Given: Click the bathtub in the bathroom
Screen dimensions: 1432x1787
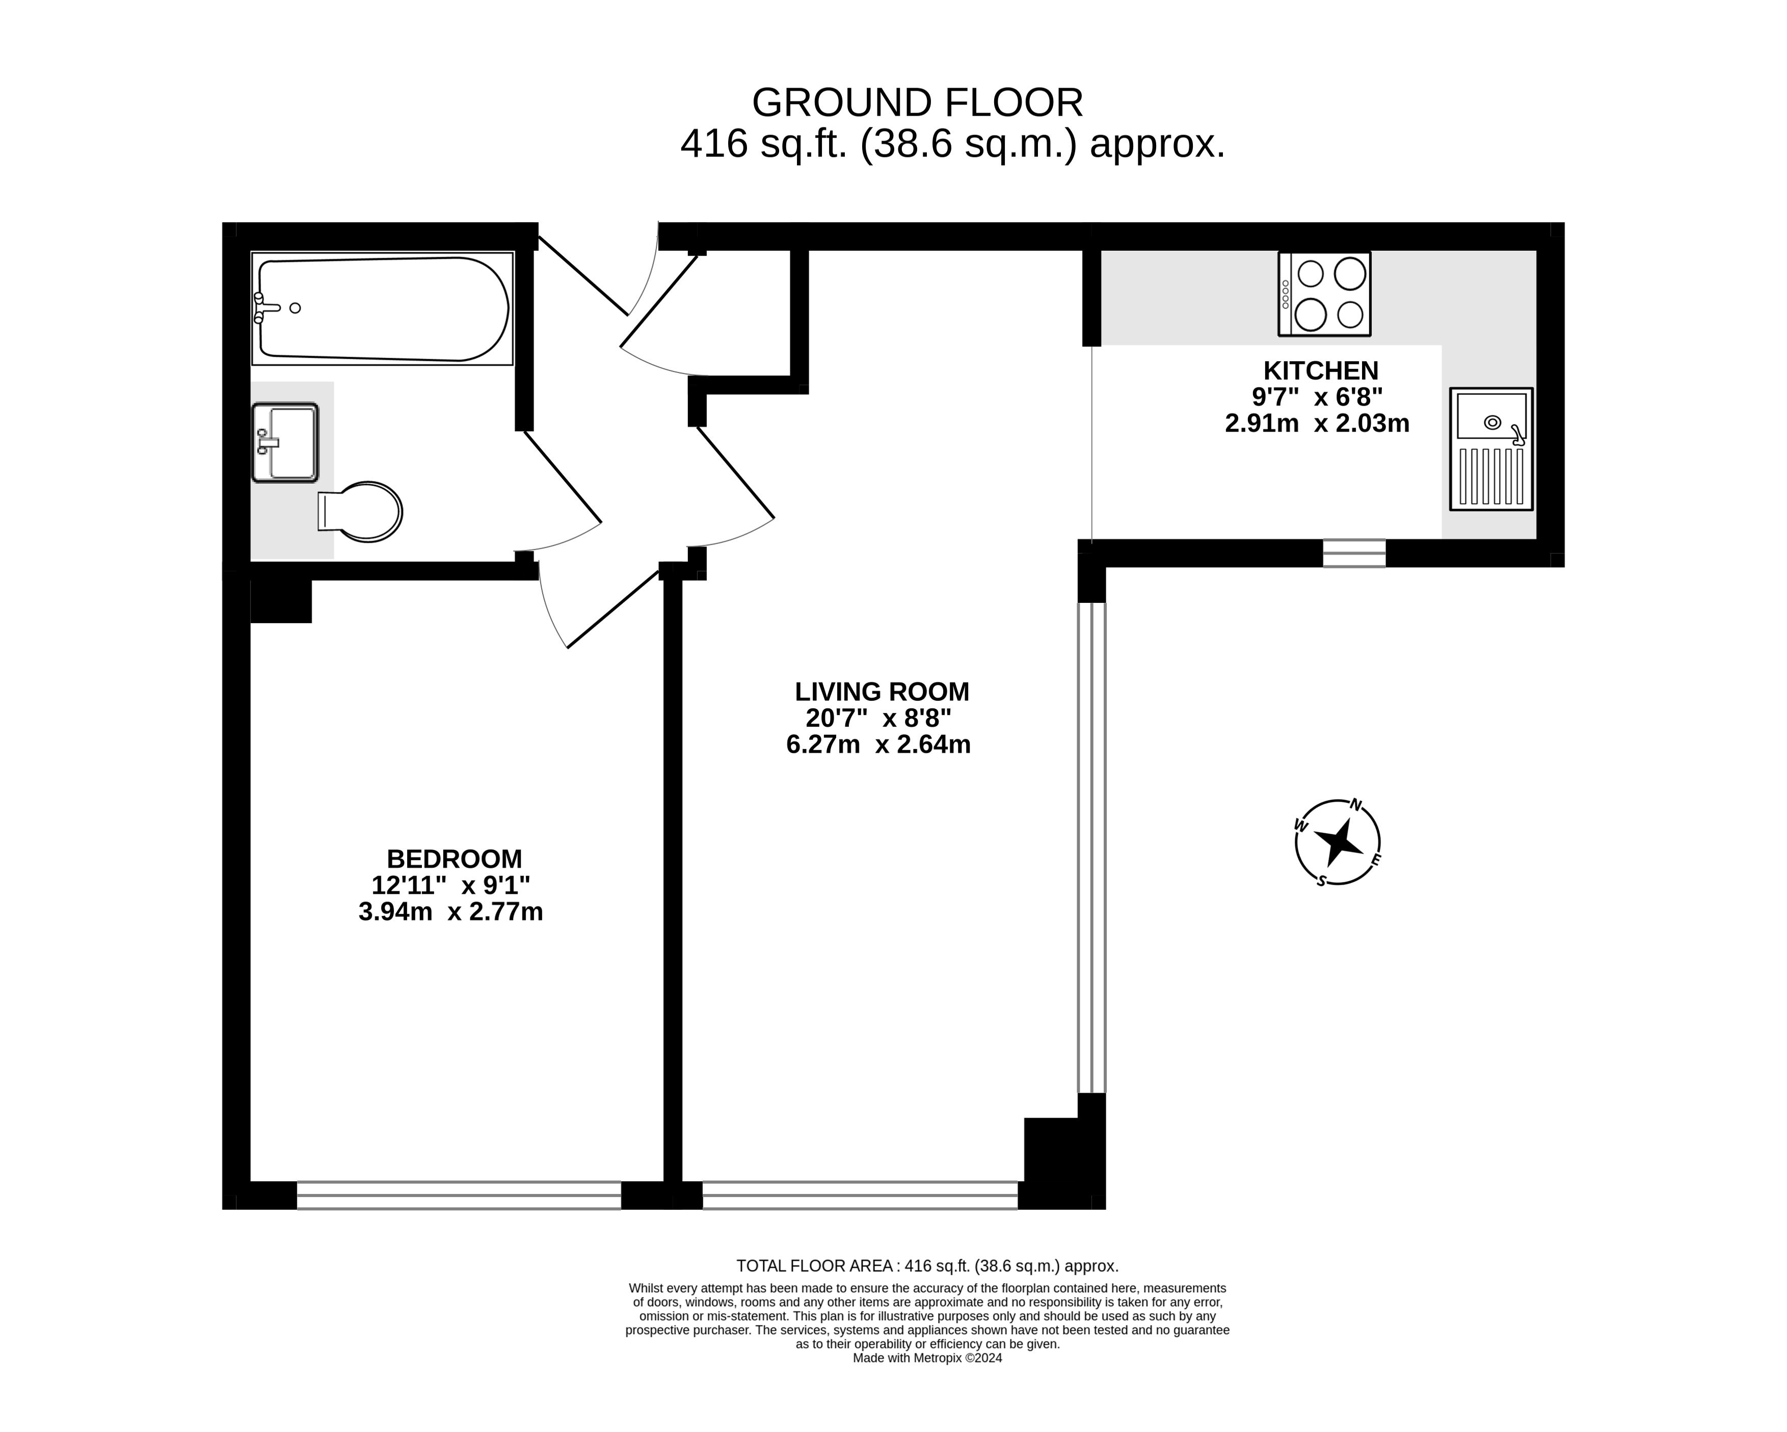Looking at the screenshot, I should tap(383, 308).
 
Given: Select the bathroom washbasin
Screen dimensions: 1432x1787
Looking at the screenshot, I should tap(285, 442).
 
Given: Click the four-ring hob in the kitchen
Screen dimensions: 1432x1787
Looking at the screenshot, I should tap(1324, 294).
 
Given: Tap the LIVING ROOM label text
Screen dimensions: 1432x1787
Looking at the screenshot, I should tap(882, 691).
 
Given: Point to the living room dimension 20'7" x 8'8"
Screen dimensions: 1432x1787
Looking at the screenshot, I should tap(878, 718).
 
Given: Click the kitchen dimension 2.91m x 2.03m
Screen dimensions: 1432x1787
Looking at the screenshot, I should tap(1317, 423).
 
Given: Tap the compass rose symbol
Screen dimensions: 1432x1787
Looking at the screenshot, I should tap(1337, 842).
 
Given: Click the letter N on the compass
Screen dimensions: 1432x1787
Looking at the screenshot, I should tap(1356, 804).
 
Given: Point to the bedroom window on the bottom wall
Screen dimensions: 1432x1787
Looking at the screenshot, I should tap(459, 1195).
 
